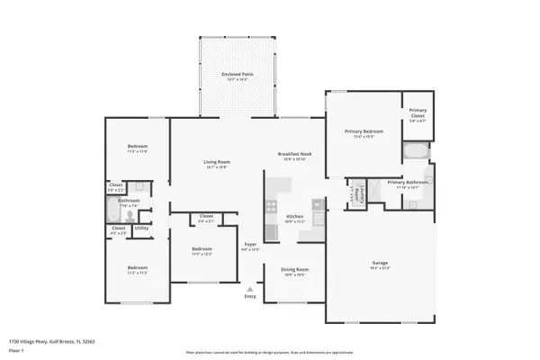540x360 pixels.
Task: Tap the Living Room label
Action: pos(215,163)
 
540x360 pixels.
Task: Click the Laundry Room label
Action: pos(357,191)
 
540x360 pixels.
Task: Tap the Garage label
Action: pos(380,265)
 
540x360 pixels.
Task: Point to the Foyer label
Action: pos(252,246)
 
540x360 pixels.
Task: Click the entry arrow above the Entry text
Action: pos(250,289)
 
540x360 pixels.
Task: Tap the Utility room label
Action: pos(141,229)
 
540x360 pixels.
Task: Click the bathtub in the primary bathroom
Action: pos(416,150)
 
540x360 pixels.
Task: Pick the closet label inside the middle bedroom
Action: pos(206,218)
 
